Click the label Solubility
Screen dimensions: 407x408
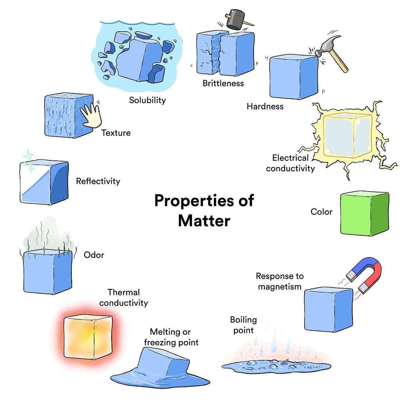pyautogui.click(x=147, y=100)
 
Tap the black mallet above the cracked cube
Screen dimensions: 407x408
pyautogui.click(x=235, y=20)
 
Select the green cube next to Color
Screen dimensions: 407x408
pyautogui.click(x=364, y=214)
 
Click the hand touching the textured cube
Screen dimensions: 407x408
pyautogui.click(x=91, y=116)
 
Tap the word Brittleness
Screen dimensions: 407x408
pyautogui.click(x=223, y=83)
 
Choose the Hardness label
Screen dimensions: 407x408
pyautogui.click(x=265, y=107)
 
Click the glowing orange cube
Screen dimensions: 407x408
pyautogui.click(x=88, y=337)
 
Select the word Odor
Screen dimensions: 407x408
pyautogui.click(x=94, y=255)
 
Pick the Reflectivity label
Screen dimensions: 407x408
pyautogui.click(x=98, y=181)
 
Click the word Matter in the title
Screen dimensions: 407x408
pyautogui.click(x=204, y=221)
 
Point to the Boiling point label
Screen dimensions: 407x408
pyautogui.click(x=243, y=325)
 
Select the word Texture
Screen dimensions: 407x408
pyautogui.click(x=116, y=133)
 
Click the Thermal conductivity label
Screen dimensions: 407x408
pyautogui.click(x=123, y=298)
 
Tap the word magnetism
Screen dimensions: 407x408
pyautogui.click(x=279, y=287)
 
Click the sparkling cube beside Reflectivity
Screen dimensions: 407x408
pyautogui.click(x=44, y=182)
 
